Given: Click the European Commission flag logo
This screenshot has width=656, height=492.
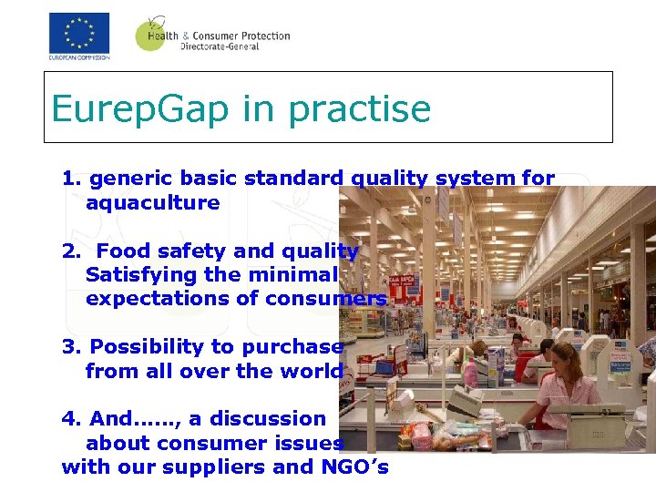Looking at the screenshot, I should (x=79, y=34).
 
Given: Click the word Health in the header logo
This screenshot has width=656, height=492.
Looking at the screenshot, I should (x=160, y=36).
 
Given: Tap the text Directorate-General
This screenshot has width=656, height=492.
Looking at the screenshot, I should (x=220, y=46).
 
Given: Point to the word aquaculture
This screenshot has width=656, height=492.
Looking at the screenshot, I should (x=153, y=202).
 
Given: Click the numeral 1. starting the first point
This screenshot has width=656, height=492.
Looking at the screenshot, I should (x=72, y=179).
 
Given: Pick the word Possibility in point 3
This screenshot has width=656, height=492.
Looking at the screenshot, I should (x=146, y=347).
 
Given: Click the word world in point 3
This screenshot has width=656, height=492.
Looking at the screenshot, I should (x=313, y=371).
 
